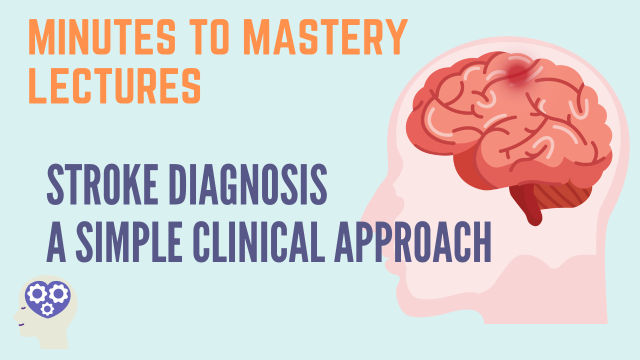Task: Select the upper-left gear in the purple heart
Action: point(37,293)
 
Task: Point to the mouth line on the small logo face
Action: point(21,325)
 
